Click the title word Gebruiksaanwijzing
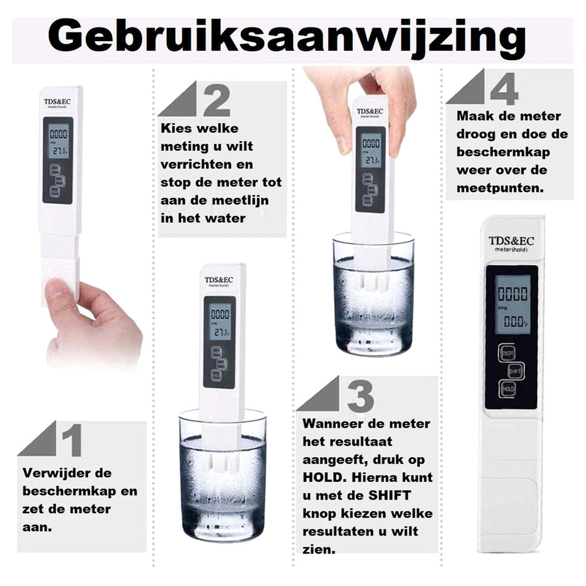click(x=286, y=38)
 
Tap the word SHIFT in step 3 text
click(x=389, y=495)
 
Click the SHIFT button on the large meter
click(x=516, y=370)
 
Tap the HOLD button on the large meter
click(x=508, y=389)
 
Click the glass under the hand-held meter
click(x=373, y=296)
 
